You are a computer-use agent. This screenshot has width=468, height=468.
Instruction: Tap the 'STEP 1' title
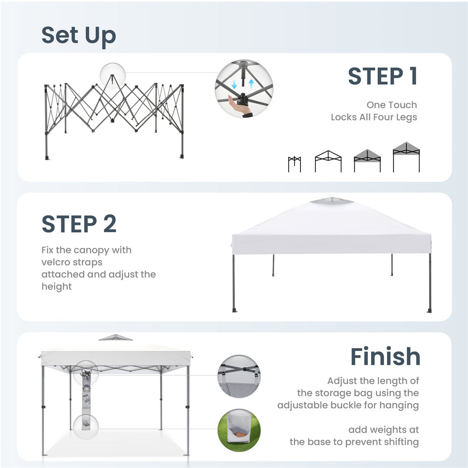coord(383,76)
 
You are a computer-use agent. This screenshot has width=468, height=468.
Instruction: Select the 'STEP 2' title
coord(79,224)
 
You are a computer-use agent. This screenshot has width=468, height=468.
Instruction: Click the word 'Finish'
coord(385,356)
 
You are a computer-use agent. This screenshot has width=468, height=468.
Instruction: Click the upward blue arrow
coord(251,83)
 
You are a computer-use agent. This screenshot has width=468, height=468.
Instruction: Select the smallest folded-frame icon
coord(294,164)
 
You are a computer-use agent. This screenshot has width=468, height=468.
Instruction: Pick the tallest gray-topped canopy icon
coord(406,157)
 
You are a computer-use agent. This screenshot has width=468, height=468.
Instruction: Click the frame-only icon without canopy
coord(328,161)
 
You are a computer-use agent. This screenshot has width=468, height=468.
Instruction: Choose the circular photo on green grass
coord(239,430)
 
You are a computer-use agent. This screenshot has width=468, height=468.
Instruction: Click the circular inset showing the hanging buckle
coord(239,376)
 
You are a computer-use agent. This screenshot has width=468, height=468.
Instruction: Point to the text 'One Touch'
coord(392,105)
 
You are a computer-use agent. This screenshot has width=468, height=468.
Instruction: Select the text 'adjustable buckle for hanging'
coord(348,405)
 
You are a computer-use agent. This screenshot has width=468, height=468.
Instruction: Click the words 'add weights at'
coord(384,430)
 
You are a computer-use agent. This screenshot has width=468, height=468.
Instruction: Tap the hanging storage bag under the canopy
coord(86,401)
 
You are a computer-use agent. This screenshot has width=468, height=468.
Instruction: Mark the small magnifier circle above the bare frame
coord(112,75)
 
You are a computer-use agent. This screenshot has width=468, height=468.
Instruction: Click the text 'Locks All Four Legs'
coord(374,117)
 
